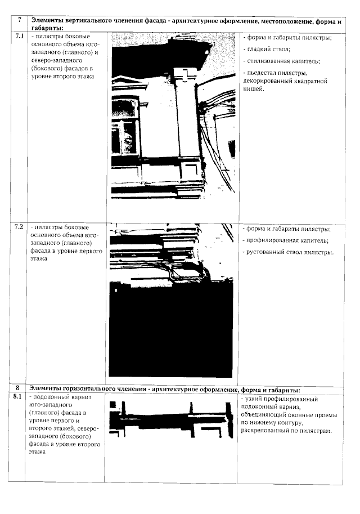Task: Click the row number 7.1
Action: pos(19,35)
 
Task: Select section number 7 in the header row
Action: pos(19,20)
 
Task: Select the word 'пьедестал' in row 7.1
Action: pos(263,73)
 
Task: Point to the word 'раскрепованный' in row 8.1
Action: pos(267,431)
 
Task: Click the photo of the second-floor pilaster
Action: pos(174,115)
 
